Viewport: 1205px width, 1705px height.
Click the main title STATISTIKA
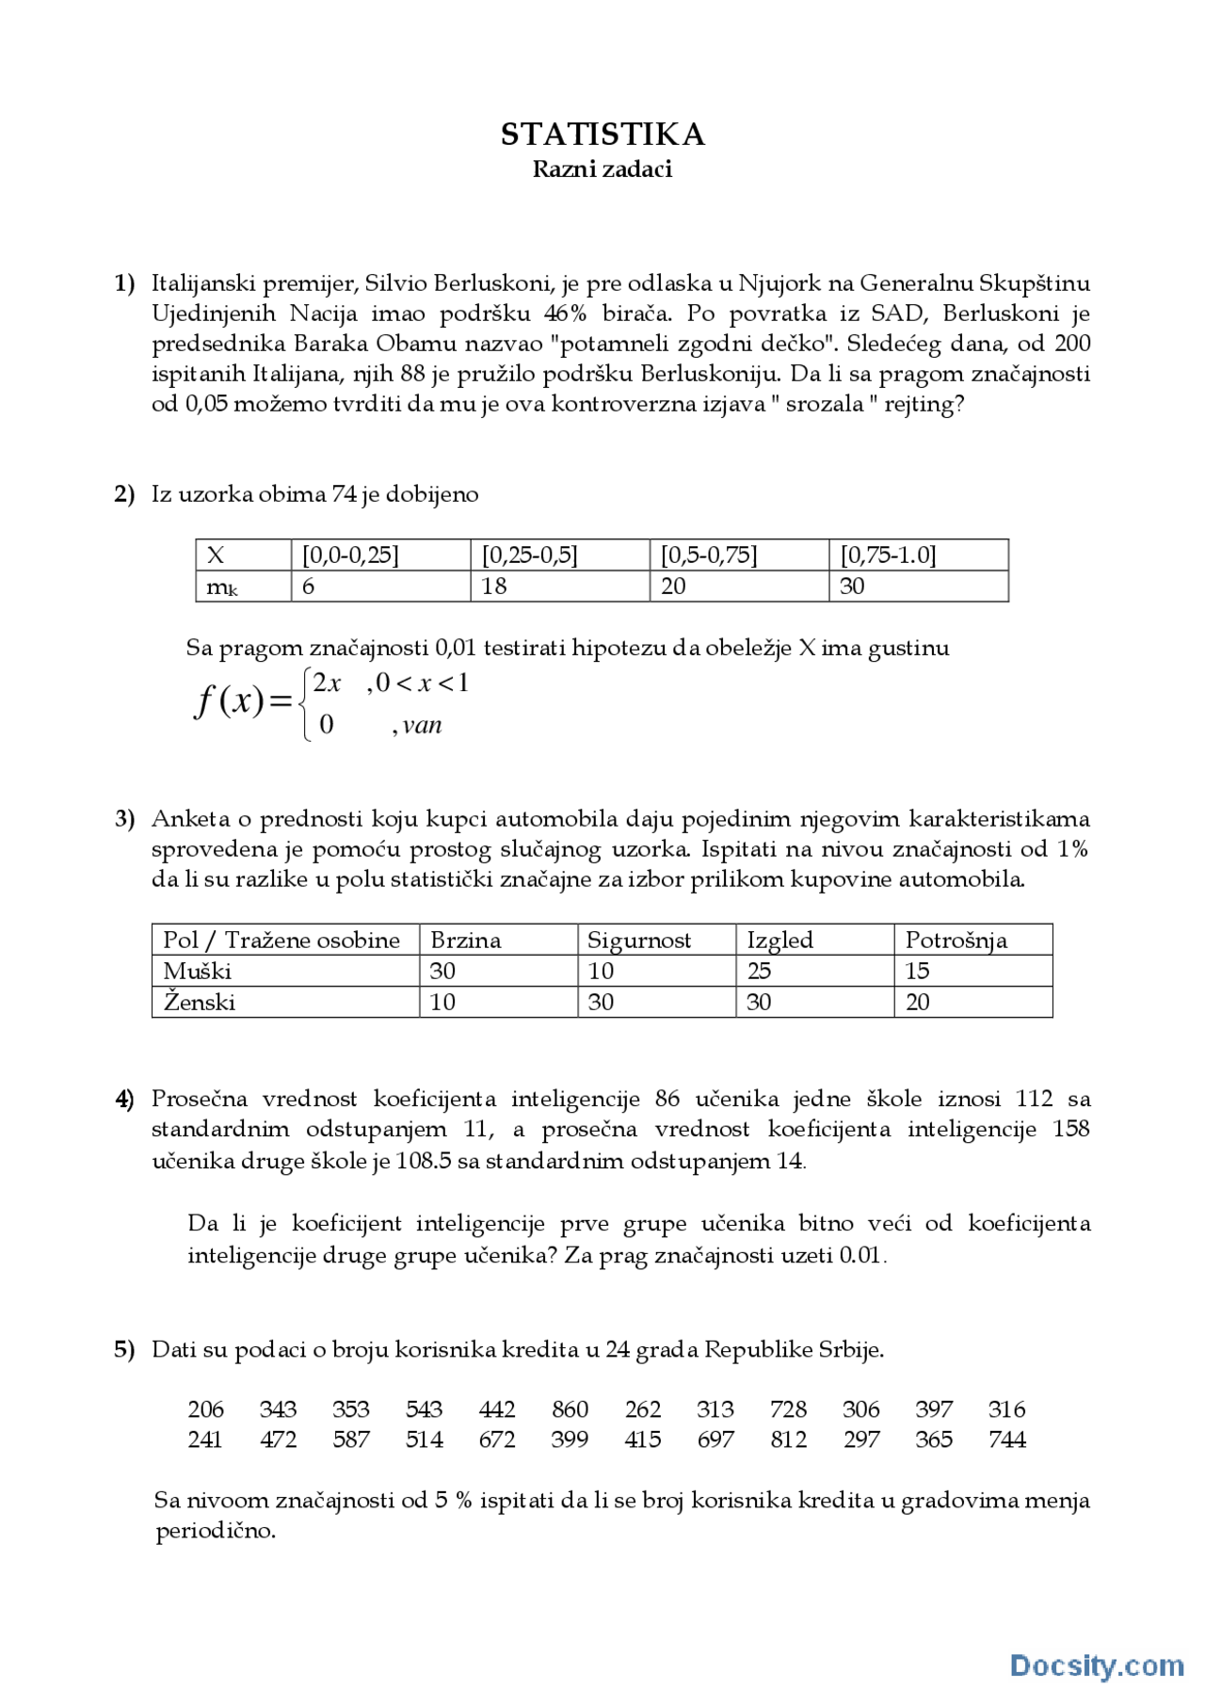[602, 135]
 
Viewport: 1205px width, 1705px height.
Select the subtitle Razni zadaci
[602, 169]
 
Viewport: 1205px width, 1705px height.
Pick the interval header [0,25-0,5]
[529, 555]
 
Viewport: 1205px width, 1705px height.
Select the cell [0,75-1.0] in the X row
[888, 555]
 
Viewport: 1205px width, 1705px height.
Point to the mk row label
[221, 587]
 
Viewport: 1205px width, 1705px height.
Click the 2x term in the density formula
[327, 683]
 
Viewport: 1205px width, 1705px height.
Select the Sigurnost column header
[638, 941]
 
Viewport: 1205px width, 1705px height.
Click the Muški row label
[197, 971]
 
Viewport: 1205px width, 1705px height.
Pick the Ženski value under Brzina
[442, 1003]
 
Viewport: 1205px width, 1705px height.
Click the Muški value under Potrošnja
[917, 971]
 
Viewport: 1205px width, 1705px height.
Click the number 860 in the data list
[570, 1409]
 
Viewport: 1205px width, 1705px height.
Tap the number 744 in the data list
[1006, 1440]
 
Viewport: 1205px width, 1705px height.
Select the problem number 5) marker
[124, 1350]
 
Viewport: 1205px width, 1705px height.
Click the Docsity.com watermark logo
[1097, 1665]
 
